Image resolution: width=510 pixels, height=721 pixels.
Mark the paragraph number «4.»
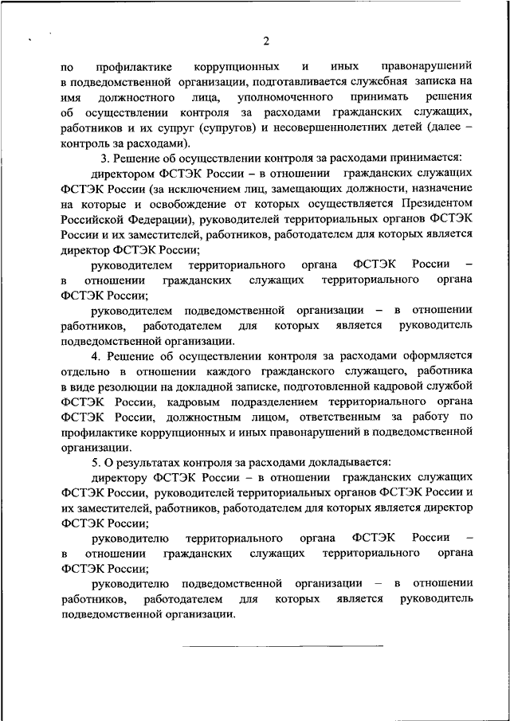97,356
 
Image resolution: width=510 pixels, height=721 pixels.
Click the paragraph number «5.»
97,463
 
